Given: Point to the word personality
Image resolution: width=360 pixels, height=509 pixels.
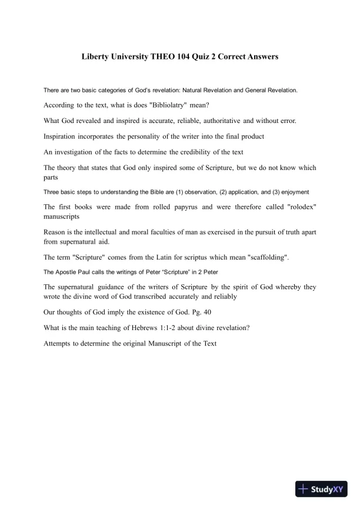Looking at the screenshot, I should (x=145, y=136).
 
